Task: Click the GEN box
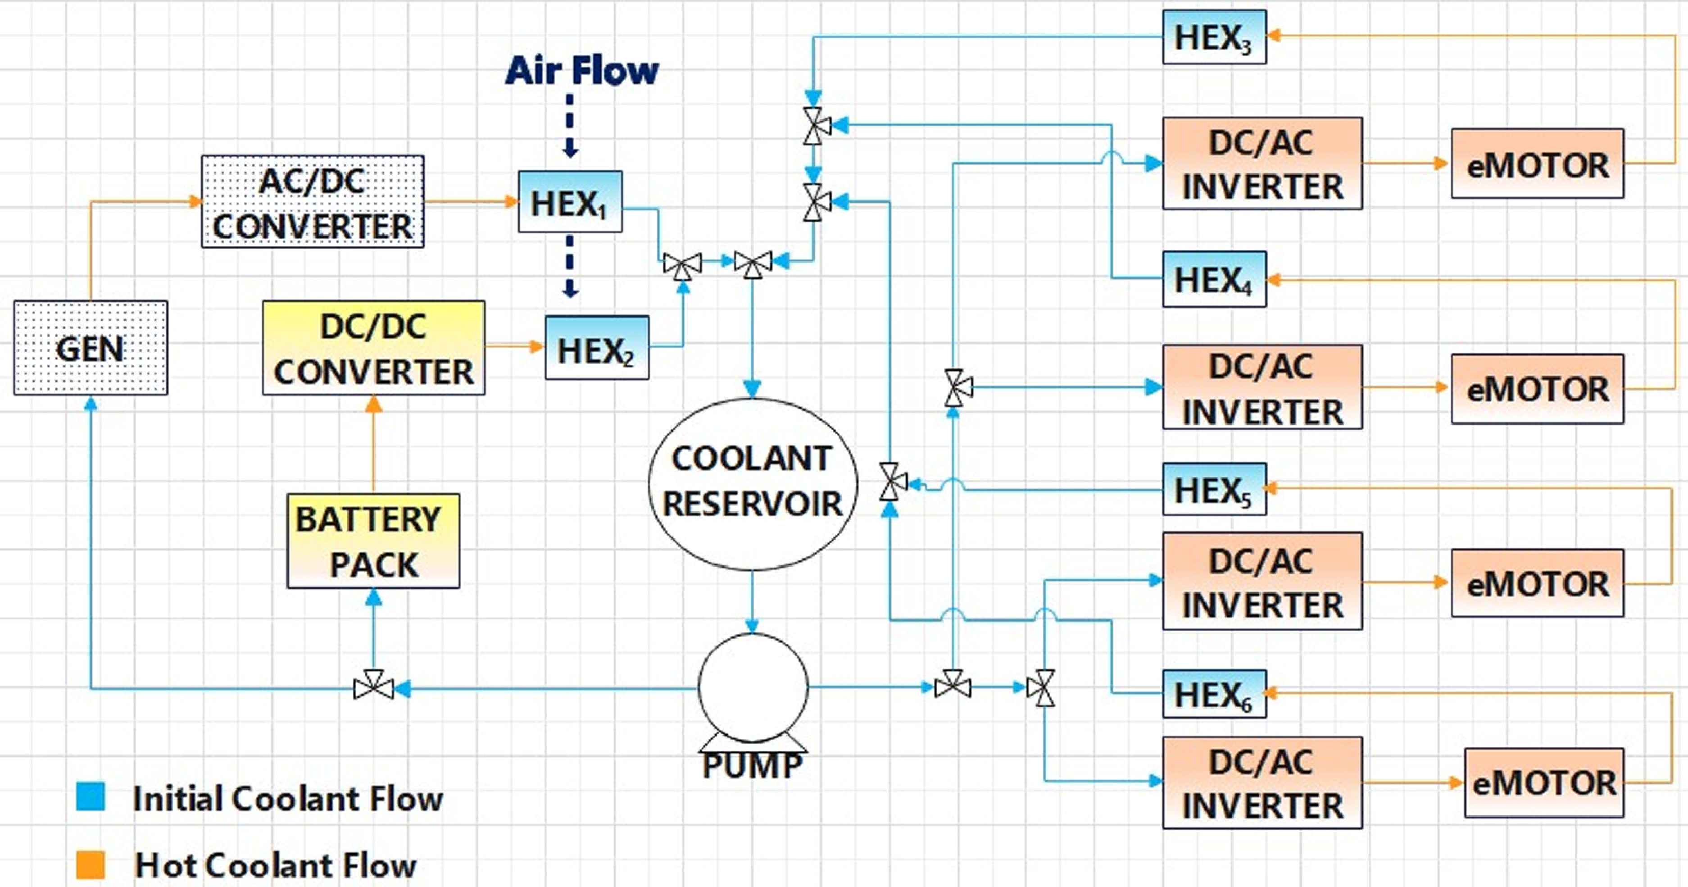91,347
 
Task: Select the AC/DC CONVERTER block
312,202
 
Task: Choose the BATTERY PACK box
373,541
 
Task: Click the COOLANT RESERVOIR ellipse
752,484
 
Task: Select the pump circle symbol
752,687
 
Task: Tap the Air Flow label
581,70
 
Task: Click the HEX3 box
1214,37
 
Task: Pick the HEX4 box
1214,279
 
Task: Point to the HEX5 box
1214,490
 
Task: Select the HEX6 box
1214,694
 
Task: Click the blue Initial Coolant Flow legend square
91,796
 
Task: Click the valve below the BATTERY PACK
373,687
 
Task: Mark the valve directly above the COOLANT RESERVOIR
752,264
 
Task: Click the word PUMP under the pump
752,766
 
